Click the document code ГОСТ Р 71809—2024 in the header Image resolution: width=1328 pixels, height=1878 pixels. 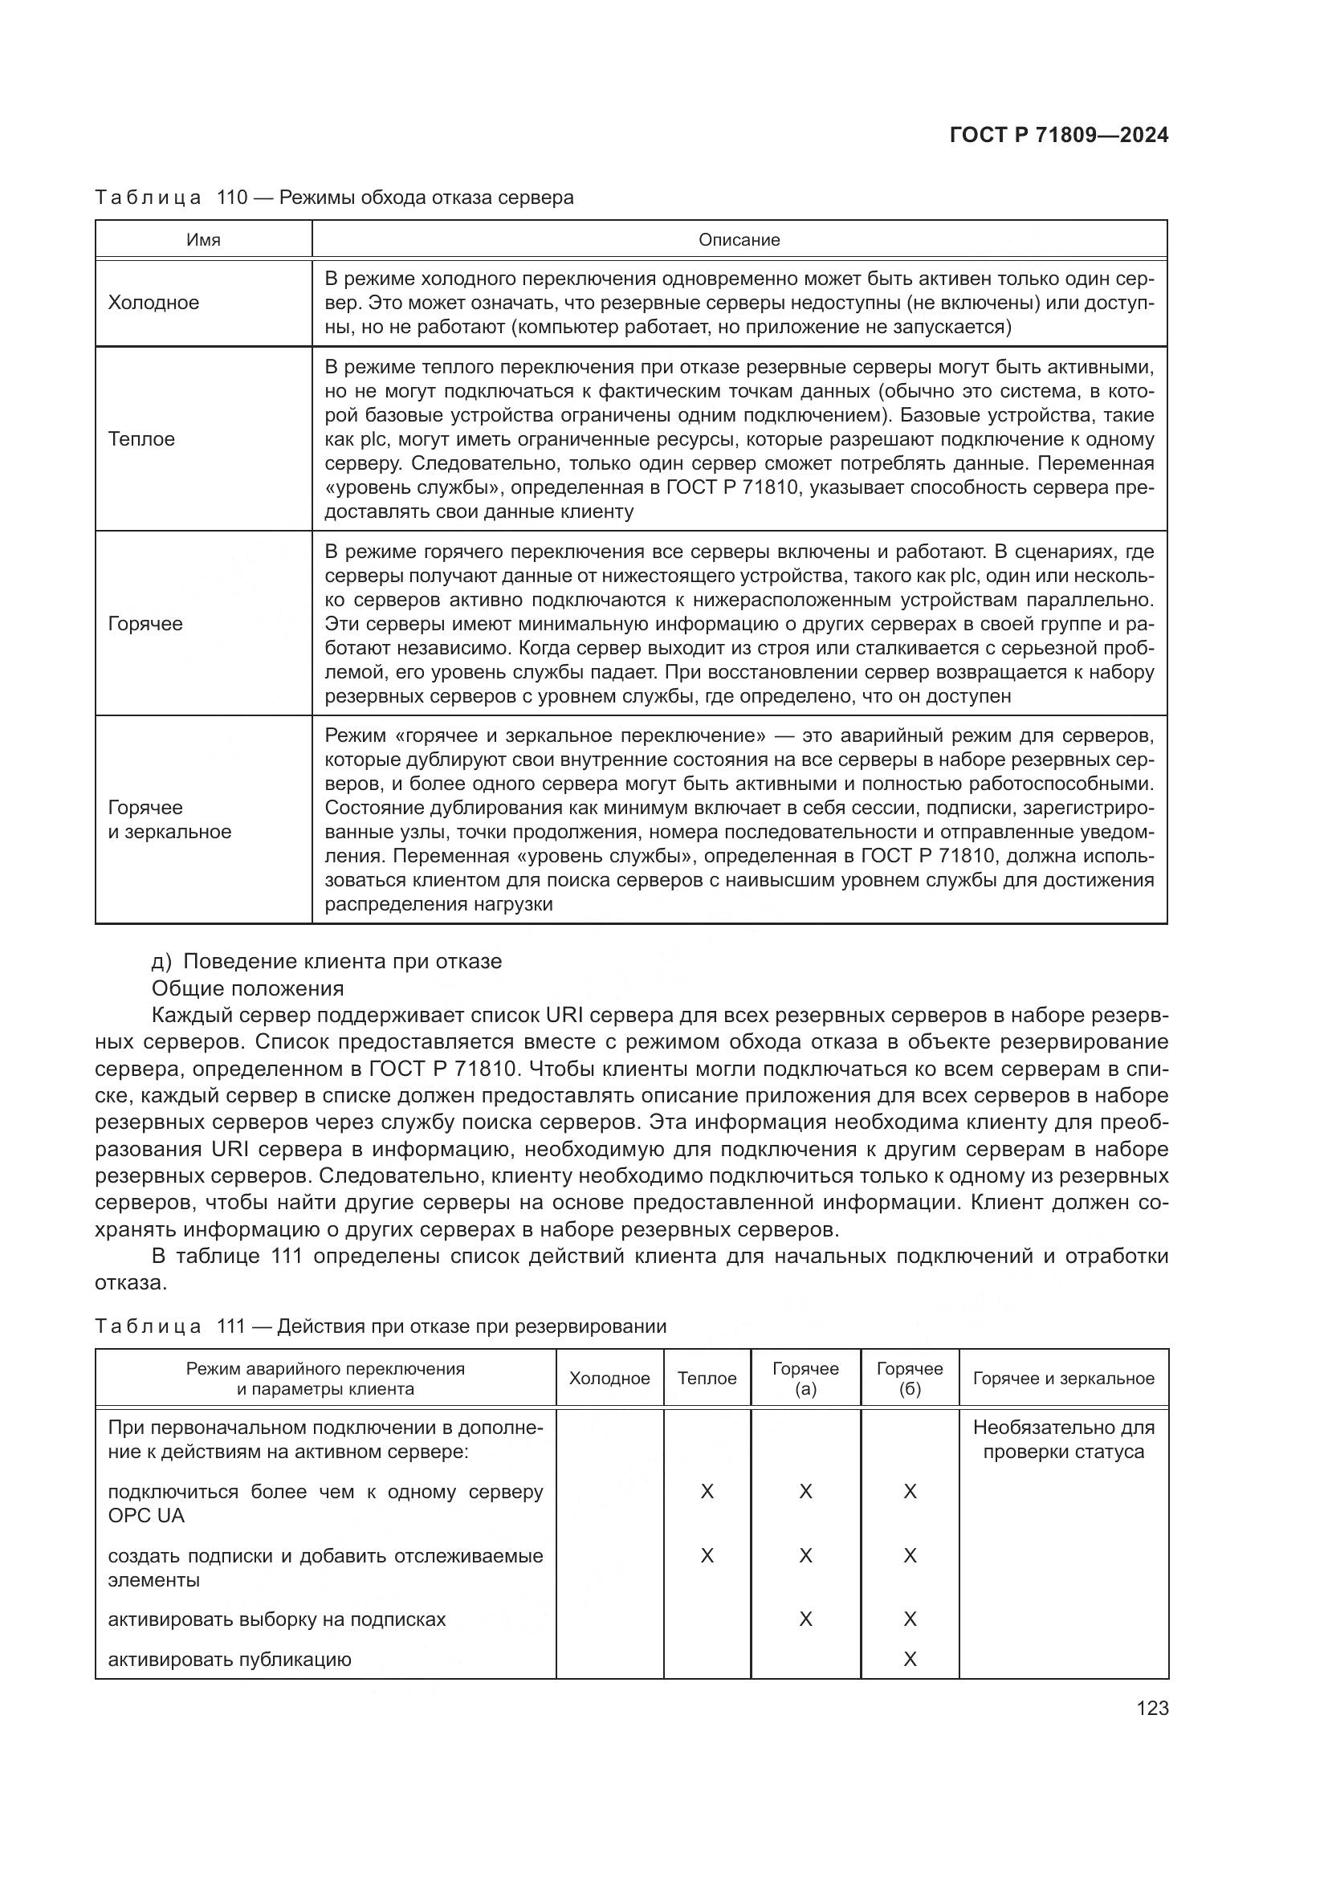coord(1058,135)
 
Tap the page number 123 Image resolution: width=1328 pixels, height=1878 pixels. coord(1151,1709)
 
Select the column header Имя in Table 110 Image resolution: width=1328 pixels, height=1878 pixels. coord(203,239)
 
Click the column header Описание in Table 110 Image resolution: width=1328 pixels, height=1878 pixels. coord(739,239)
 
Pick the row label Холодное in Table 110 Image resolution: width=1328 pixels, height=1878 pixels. coord(153,303)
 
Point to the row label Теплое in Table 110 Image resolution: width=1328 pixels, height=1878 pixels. coord(141,439)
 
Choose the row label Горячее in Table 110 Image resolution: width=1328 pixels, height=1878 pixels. coord(145,623)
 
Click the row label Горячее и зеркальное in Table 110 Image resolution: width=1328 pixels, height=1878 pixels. coord(169,820)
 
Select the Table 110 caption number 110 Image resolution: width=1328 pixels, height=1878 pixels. coord(232,198)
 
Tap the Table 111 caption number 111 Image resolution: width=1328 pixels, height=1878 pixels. coord(231,1326)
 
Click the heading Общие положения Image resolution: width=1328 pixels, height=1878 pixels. coord(248,988)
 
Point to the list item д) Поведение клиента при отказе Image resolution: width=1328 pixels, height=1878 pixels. coord(326,961)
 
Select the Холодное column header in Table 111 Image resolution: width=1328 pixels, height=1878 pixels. coord(609,1379)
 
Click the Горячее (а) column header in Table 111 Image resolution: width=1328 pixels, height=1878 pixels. coord(805,1379)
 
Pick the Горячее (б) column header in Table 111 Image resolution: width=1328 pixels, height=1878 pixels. coord(910,1379)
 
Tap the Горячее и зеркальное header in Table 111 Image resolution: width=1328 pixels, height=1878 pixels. coord(1063,1379)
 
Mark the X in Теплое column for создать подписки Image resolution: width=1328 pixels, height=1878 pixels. coord(707,1555)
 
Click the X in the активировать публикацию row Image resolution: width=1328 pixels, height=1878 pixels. coord(910,1659)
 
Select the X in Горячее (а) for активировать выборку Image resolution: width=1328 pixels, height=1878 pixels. coord(805,1619)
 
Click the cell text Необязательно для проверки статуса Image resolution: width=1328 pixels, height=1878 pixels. coord(1063,1440)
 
